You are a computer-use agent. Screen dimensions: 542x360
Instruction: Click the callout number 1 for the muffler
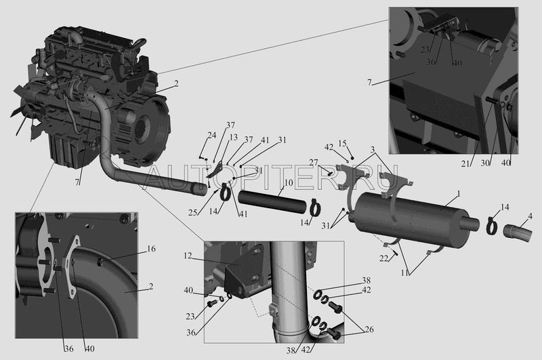(x=459, y=195)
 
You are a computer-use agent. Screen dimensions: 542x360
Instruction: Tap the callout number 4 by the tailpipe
(x=530, y=217)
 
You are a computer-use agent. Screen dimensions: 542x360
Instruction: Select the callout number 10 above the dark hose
(x=289, y=182)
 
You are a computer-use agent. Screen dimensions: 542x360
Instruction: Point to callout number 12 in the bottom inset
(x=188, y=256)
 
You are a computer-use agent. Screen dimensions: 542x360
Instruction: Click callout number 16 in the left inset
(x=151, y=249)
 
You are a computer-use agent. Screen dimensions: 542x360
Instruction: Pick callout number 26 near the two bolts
(x=369, y=329)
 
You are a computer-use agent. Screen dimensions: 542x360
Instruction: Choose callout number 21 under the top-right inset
(x=465, y=164)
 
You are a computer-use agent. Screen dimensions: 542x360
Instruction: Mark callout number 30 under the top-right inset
(x=485, y=163)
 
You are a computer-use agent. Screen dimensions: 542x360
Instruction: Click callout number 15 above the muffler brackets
(x=342, y=143)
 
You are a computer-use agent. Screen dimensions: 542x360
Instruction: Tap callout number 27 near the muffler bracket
(x=314, y=163)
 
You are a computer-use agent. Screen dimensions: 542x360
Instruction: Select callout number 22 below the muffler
(x=383, y=258)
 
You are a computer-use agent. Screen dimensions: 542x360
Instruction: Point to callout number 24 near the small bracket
(x=211, y=135)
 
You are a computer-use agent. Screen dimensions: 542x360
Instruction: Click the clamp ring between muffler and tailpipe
(x=492, y=226)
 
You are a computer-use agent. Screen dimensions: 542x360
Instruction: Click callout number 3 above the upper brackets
(x=372, y=150)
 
